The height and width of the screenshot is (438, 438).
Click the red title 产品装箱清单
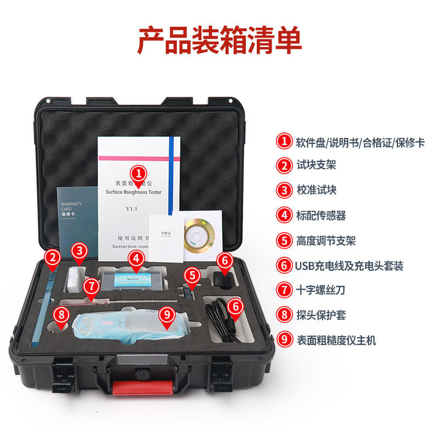click(x=219, y=41)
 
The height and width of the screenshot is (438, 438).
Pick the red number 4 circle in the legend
click(x=284, y=215)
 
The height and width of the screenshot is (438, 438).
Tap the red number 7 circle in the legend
click(x=284, y=290)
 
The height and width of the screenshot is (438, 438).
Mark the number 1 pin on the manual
click(x=140, y=176)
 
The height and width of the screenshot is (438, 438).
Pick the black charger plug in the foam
click(x=223, y=276)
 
